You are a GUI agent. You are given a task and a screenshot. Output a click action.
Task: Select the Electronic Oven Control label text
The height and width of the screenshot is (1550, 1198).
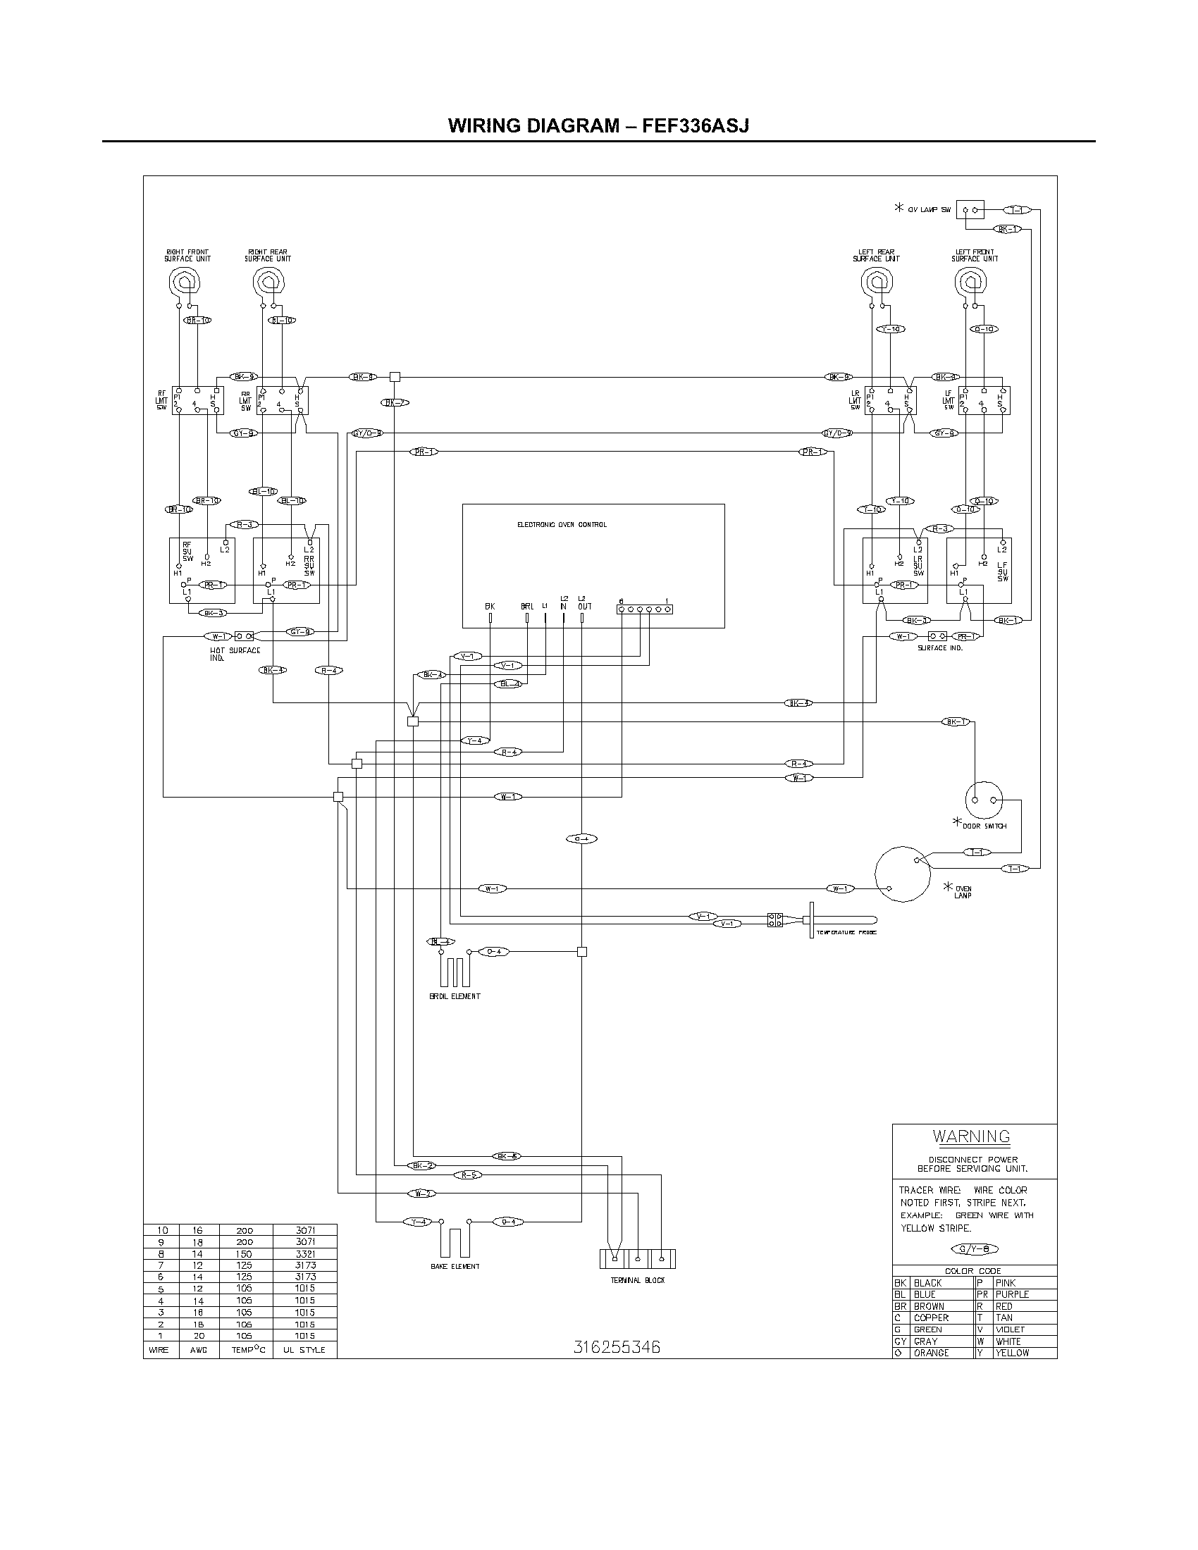pos(562,525)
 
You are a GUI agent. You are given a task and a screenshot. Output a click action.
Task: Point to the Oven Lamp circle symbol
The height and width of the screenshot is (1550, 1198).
pos(902,874)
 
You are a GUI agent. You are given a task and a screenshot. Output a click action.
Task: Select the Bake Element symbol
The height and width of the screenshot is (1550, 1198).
pos(455,1241)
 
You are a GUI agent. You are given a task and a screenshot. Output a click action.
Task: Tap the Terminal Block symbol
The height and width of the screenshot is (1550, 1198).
pos(637,1258)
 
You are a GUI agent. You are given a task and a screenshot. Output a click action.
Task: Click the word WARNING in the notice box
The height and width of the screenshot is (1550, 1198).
pos(971,1136)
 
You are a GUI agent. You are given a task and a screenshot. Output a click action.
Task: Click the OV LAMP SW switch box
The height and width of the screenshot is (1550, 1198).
pos(970,210)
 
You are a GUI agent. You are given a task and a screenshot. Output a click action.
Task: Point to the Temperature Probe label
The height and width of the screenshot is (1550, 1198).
pos(846,932)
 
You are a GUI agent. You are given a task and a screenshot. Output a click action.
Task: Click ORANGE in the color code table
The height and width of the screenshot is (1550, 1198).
pos(930,1353)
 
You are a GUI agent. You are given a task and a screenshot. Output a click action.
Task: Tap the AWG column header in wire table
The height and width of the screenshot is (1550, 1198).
pos(198,1349)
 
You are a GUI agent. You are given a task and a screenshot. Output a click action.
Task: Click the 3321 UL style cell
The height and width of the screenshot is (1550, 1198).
pos(304,1254)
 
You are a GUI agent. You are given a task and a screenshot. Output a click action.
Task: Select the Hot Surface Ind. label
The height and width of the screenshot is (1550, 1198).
pos(234,654)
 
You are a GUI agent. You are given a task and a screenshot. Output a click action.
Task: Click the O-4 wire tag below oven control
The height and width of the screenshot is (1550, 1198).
pos(581,839)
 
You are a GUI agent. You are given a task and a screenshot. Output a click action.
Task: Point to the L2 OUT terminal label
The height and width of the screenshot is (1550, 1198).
pos(583,602)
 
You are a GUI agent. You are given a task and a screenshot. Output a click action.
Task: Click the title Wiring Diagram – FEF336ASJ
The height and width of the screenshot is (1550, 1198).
pos(598,125)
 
